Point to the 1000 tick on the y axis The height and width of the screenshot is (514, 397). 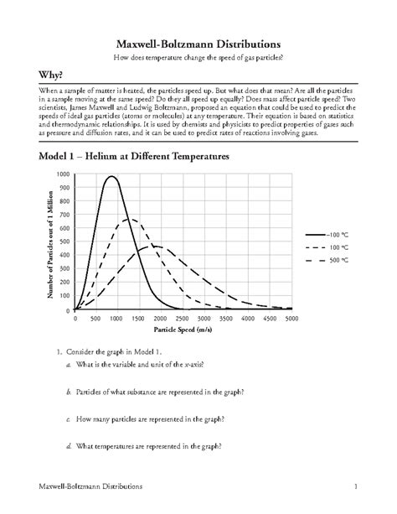(64, 174)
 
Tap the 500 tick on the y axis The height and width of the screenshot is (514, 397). (65, 242)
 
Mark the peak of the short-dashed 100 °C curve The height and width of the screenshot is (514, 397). (127, 220)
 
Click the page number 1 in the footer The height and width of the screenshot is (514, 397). (356, 486)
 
